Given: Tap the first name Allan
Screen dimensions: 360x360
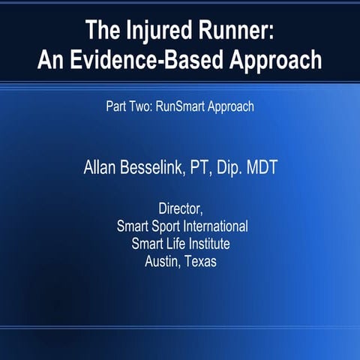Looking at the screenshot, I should click(x=101, y=166).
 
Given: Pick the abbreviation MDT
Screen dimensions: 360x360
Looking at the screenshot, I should click(x=261, y=166).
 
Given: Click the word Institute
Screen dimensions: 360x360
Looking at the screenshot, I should click(x=209, y=244).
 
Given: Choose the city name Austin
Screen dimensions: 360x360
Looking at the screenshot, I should click(x=162, y=262).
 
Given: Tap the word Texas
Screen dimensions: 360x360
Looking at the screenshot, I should click(x=199, y=262).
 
